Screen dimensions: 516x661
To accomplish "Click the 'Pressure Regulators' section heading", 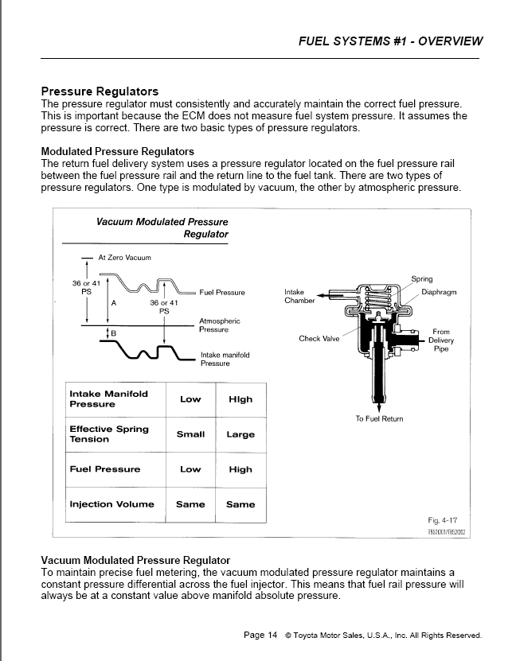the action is point(100,91).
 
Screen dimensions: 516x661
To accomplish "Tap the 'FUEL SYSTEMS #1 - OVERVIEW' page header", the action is point(390,41).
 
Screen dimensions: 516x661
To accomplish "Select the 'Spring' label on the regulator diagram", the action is point(421,278).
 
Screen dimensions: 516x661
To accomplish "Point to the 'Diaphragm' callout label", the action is point(439,292).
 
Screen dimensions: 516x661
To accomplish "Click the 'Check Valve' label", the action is point(319,339).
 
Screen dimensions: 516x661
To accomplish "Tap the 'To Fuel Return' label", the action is point(379,418).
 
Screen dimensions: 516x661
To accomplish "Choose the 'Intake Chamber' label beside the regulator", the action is point(299,296).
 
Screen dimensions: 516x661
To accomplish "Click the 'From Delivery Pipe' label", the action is point(441,340).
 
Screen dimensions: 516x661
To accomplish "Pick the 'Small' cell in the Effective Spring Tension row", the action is point(190,434).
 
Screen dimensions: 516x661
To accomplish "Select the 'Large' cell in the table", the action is point(240,434).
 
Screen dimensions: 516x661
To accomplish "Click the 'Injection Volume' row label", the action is point(111,504).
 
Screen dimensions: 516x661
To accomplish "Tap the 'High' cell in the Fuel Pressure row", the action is point(240,469).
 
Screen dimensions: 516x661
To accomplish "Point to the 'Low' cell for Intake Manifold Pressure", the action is point(190,399).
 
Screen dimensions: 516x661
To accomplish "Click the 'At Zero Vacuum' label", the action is point(124,258).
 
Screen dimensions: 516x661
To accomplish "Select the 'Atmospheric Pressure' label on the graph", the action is point(220,325).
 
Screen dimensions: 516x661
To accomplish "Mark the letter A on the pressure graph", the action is point(114,303).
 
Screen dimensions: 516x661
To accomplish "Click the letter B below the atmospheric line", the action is point(113,333).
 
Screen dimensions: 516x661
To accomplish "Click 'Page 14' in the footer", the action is point(260,635).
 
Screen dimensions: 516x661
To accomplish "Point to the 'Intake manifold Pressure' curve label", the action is point(225,360).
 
